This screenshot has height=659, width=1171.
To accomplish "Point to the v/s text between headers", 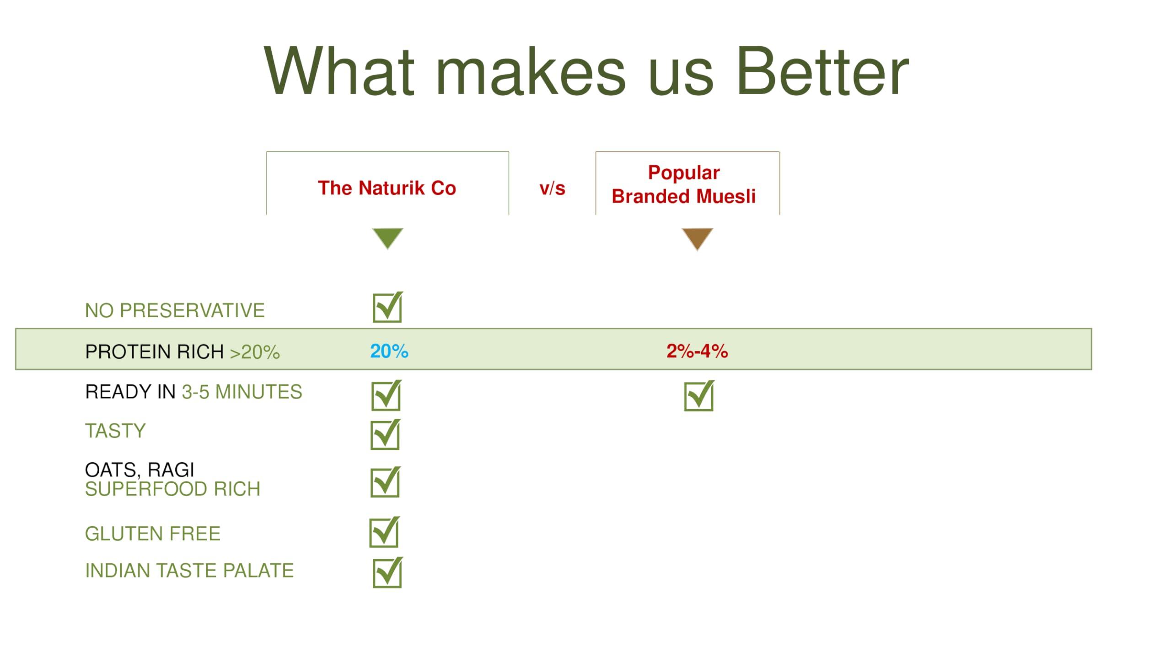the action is click(x=552, y=188).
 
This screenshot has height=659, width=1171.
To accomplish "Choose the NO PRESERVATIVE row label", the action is click(x=175, y=310).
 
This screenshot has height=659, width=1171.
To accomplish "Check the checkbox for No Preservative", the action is click(x=387, y=307).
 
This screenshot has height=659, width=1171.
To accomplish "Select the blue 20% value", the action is click(x=389, y=351).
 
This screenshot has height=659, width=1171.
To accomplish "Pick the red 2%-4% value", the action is click(x=697, y=351).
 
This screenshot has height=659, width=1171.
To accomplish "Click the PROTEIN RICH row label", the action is click(x=154, y=352).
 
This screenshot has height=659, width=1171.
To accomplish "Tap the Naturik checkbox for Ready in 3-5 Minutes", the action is click(x=387, y=395).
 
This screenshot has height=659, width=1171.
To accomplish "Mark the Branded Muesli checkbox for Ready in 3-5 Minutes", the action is click(x=699, y=395).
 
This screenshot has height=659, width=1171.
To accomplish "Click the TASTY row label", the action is click(x=115, y=431).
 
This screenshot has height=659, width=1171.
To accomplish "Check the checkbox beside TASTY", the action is click(x=386, y=434).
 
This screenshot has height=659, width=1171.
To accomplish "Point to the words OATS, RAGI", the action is click(x=140, y=470).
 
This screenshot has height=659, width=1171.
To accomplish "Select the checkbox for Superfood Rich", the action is click(x=386, y=482).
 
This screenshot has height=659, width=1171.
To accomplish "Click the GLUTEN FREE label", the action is click(x=153, y=534).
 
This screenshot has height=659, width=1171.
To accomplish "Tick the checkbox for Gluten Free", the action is click(x=384, y=532).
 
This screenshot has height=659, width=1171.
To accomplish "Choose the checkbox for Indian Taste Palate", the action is click(x=387, y=572).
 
